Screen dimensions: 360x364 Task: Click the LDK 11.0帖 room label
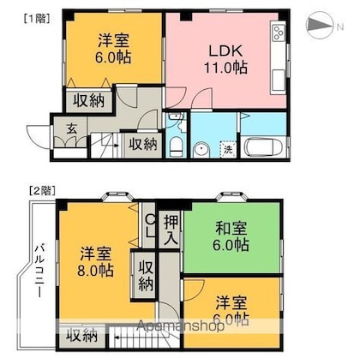coord(225,59)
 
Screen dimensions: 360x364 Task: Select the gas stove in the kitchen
coord(279,33)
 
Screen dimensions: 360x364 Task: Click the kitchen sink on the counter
coord(279,81)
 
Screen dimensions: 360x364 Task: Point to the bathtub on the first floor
coord(263,147)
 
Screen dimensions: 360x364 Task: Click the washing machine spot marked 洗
coord(228,149)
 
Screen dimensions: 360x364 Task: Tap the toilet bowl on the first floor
coord(176,146)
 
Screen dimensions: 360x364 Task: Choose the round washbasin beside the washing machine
coord(201,149)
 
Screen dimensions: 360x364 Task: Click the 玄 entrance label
coord(71,129)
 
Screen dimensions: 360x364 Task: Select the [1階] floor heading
coord(37,19)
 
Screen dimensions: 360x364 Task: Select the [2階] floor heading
coord(42,190)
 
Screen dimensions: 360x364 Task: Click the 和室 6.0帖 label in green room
coord(231,236)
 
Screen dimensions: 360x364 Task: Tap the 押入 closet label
coord(171,230)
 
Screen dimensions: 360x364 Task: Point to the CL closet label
coord(150,226)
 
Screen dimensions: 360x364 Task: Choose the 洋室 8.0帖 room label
coord(95,262)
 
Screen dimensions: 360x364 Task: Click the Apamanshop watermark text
coord(180,325)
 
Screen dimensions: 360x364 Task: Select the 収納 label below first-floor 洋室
coord(88,100)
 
